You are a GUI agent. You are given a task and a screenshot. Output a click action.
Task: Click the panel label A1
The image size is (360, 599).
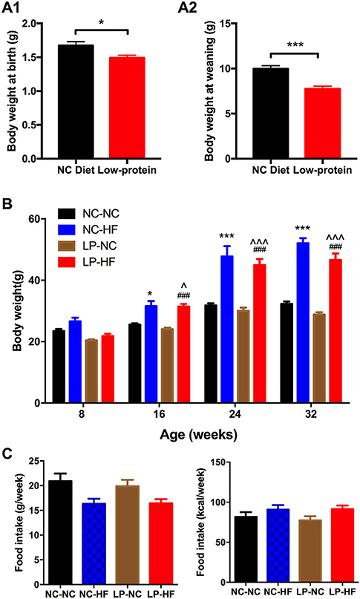(17, 8)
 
